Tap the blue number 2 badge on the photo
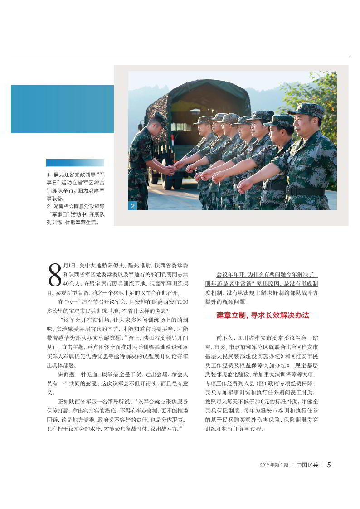pyautogui.click(x=132, y=206)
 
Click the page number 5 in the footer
pyautogui.click(x=329, y=465)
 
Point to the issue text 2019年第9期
pyautogui.click(x=274, y=465)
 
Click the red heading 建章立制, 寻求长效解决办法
pyautogui.click(x=263, y=315)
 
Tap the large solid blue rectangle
pyautogui.click(x=62, y=109)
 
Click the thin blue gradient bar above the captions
pyautogui.click(x=75, y=163)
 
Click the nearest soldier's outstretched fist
pyautogui.click(x=245, y=184)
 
